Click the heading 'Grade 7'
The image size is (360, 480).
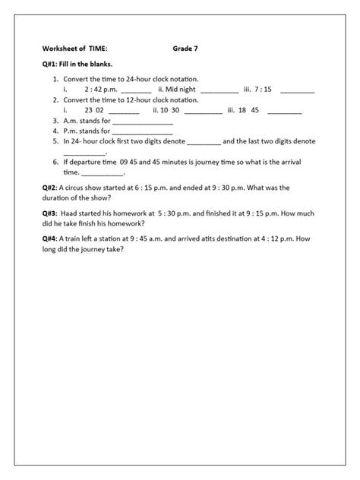point(185,49)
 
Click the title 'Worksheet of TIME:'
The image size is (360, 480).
point(74,49)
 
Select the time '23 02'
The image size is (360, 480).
point(94,109)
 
